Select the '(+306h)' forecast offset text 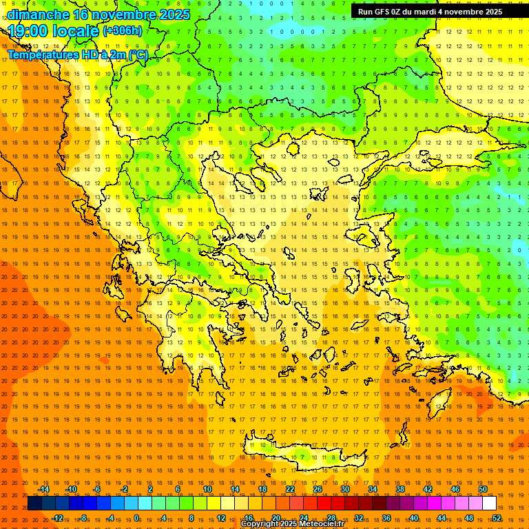(123, 30)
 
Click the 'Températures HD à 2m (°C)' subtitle (77, 54)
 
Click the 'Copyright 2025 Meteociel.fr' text (292, 524)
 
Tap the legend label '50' (483, 489)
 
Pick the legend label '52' (497, 518)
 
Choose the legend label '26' (318, 489)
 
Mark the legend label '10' (207, 489)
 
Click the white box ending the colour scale (490, 504)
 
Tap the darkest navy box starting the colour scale (35, 504)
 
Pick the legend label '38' (400, 489)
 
